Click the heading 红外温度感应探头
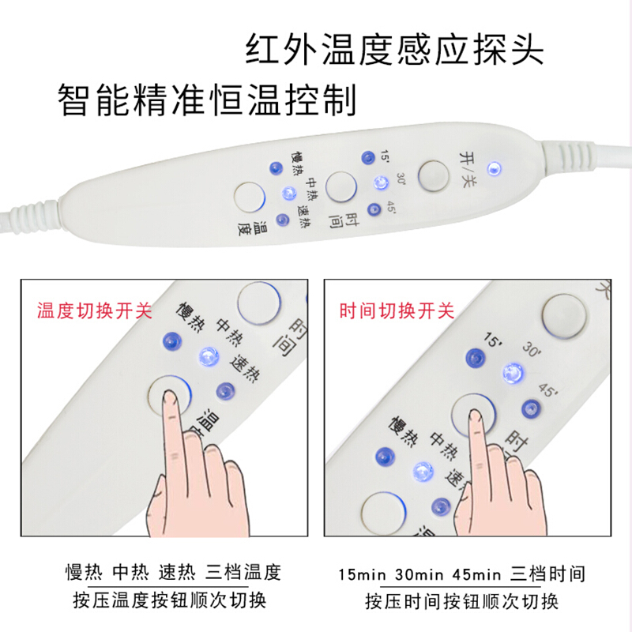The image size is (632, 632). click(x=393, y=50)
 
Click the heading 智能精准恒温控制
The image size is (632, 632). click(x=208, y=100)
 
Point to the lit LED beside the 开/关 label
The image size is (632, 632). click(x=495, y=167)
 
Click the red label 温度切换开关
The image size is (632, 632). click(x=94, y=310)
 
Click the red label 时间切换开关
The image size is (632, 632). click(x=397, y=310)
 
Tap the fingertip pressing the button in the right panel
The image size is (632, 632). click(x=475, y=416)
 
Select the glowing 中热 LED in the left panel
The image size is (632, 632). click(x=207, y=355)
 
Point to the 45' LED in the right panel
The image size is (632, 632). click(x=529, y=408)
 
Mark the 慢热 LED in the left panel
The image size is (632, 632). click(x=170, y=340)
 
